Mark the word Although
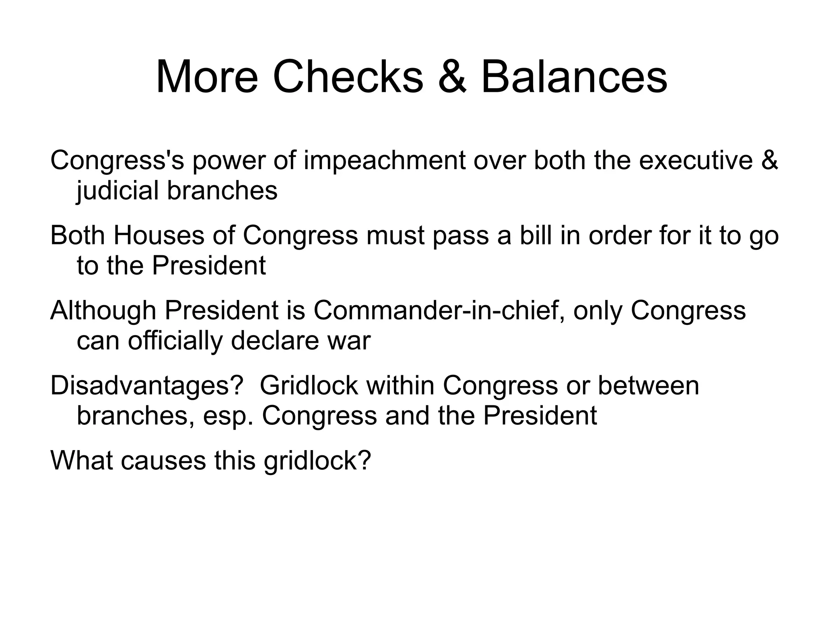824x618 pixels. [103, 310]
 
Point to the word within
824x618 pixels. [400, 386]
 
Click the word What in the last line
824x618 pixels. [82, 461]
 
